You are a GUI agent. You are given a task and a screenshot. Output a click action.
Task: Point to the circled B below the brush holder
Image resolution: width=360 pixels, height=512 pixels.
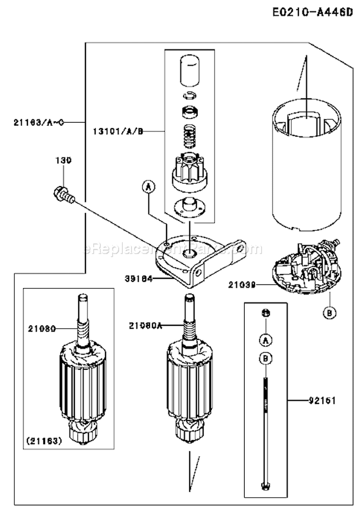(x=329, y=313)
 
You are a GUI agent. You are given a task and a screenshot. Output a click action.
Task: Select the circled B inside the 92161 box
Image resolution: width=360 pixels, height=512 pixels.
(x=264, y=357)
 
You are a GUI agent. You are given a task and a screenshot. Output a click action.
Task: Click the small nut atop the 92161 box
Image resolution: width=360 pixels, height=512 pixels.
(x=264, y=313)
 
